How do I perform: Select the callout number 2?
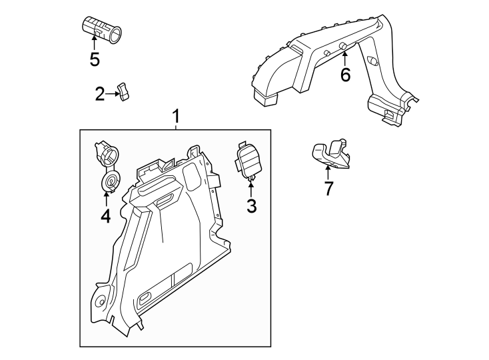[99, 95]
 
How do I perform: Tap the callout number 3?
[251, 206]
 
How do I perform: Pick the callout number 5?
[94, 59]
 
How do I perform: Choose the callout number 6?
[344, 75]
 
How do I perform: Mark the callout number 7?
[328, 189]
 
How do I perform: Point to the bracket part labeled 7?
[331, 154]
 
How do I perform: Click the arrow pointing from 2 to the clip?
[112, 95]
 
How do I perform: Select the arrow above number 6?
[344, 55]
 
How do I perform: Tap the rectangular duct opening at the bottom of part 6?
[266, 99]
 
